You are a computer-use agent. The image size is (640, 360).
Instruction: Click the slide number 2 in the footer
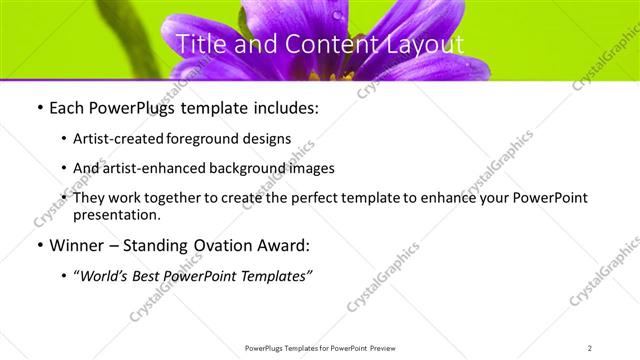(x=590, y=348)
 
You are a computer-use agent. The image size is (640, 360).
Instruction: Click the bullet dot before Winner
(x=38, y=245)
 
